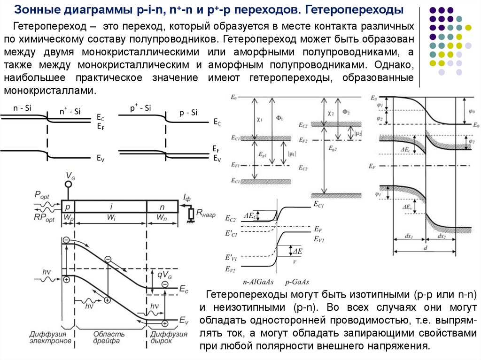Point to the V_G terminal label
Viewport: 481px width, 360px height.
[x=70, y=176]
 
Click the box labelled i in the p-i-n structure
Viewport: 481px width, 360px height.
[x=111, y=207]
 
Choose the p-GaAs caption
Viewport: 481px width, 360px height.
[x=297, y=282]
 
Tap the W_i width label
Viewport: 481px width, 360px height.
[x=111, y=218]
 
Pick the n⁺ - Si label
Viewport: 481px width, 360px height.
[x=70, y=111]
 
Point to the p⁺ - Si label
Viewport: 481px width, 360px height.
[x=140, y=108]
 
